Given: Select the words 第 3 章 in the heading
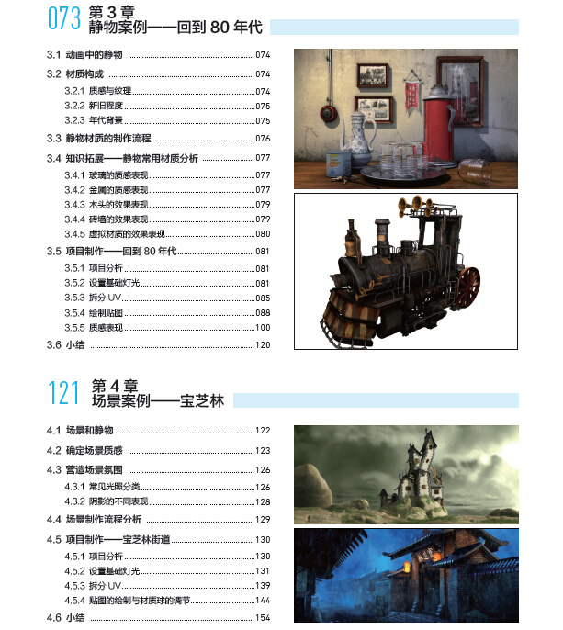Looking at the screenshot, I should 113,12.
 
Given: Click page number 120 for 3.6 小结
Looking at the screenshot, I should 264,345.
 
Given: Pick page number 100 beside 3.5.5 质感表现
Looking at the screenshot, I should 264,328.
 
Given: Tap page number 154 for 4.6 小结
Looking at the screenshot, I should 264,618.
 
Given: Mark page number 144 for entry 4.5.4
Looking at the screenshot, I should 264,601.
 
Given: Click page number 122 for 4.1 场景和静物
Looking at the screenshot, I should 264,431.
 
